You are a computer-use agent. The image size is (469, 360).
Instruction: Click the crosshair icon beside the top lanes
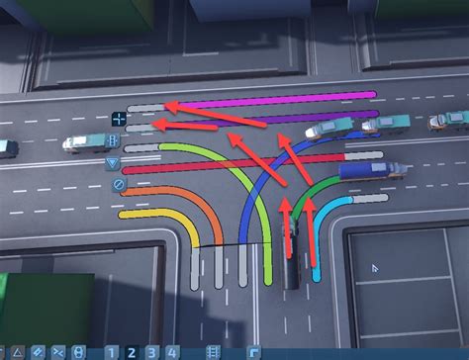(x=118, y=119)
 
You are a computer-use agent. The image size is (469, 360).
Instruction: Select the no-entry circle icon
(x=118, y=184)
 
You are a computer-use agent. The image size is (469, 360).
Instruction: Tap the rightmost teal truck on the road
(x=451, y=120)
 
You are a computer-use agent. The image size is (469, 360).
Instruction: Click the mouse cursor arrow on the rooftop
(x=376, y=268)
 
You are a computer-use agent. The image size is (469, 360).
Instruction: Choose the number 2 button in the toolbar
(x=130, y=351)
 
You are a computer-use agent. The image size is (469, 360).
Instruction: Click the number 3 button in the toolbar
(x=149, y=351)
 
